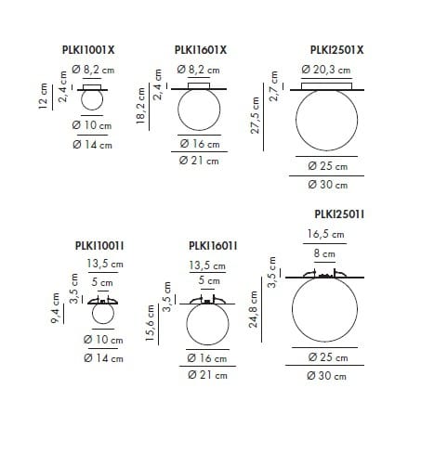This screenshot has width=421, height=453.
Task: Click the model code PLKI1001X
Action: pyautogui.click(x=88, y=50)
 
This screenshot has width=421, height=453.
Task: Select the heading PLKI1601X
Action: pyautogui.click(x=201, y=50)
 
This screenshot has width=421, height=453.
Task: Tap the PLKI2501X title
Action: pyautogui.click(x=336, y=50)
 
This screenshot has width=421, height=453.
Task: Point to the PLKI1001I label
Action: pyautogui.click(x=99, y=246)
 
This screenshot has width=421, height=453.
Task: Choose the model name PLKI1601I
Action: pyautogui.click(x=213, y=246)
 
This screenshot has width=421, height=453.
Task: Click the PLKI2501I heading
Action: pyautogui.click(x=339, y=214)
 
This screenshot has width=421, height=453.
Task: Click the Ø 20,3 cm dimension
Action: pyautogui.click(x=326, y=70)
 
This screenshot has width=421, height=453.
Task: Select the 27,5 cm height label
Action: pyautogui.click(x=255, y=115)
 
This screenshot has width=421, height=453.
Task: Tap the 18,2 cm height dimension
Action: pyautogui.click(x=140, y=106)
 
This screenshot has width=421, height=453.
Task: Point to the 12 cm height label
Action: pyautogui.click(x=43, y=96)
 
